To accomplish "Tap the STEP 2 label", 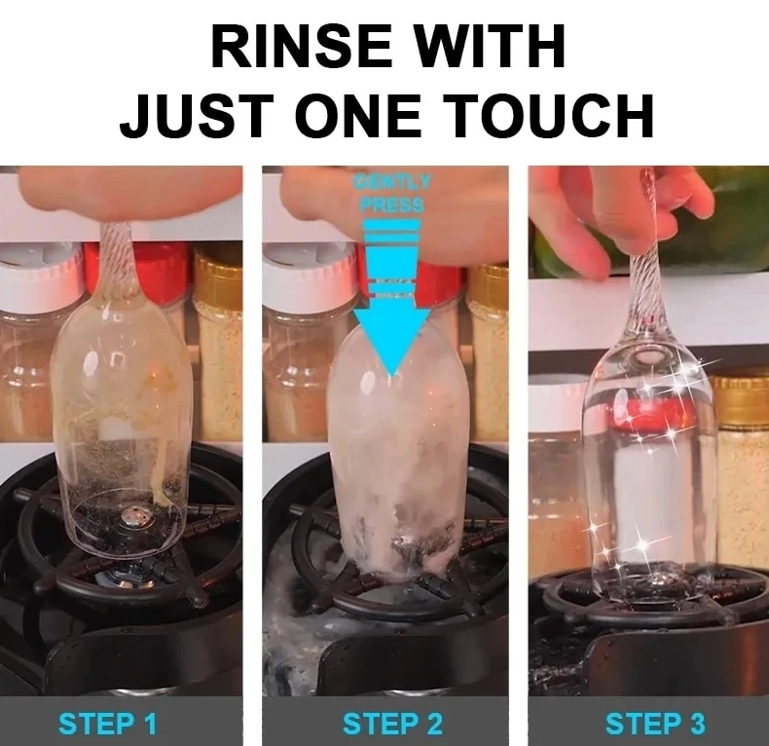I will tap(392, 724).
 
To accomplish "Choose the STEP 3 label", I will tap(655, 724).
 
